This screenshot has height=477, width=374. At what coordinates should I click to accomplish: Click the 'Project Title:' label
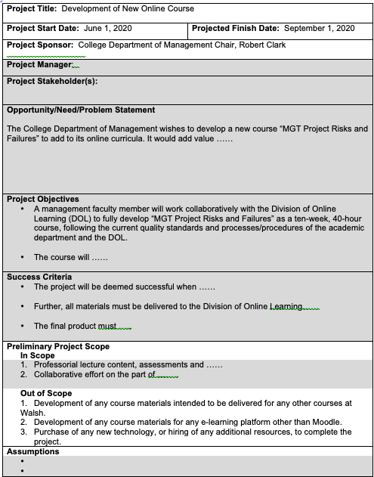32,8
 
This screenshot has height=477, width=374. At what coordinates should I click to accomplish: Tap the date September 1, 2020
319,28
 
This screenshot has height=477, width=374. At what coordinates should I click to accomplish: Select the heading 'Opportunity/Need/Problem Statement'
81,110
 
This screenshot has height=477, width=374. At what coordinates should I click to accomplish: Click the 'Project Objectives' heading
42,199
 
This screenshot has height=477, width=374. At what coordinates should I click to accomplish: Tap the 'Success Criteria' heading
39,277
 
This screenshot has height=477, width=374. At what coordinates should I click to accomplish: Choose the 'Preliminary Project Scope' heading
58,346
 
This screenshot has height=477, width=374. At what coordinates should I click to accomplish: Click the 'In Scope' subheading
37,355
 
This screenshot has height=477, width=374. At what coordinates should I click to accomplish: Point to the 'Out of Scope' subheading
46,393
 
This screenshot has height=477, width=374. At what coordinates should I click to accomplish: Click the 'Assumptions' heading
33,451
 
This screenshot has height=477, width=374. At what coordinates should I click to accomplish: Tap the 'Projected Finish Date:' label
236,28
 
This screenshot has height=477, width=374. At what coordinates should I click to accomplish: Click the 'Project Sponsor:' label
40,45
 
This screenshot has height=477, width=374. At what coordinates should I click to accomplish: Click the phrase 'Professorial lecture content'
87,364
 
